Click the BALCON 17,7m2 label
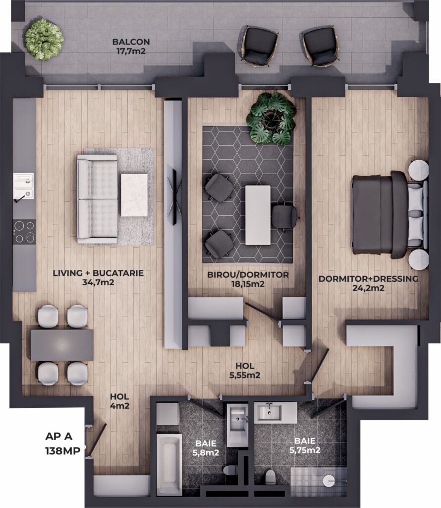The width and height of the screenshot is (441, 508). [131, 46]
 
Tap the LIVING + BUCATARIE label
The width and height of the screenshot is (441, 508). [98, 273]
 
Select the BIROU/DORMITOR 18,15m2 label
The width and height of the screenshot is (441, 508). [248, 279]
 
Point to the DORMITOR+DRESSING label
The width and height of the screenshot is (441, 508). [368, 279]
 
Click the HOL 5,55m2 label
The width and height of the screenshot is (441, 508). [245, 371]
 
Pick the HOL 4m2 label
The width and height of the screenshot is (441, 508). [119, 401]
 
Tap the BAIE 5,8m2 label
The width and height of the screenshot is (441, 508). [206, 448]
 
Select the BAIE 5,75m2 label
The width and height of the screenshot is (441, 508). [305, 445]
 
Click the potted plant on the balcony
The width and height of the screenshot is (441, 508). [44, 39]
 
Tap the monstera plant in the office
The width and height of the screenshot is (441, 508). [271, 118]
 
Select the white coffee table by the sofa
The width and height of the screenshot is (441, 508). [134, 195]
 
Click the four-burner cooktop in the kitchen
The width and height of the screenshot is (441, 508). [24, 232]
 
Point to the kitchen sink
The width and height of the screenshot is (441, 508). [24, 186]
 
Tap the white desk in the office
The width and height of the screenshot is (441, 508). [258, 215]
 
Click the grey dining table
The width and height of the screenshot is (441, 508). [62, 345]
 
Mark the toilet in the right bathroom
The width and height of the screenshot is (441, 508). [270, 477]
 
